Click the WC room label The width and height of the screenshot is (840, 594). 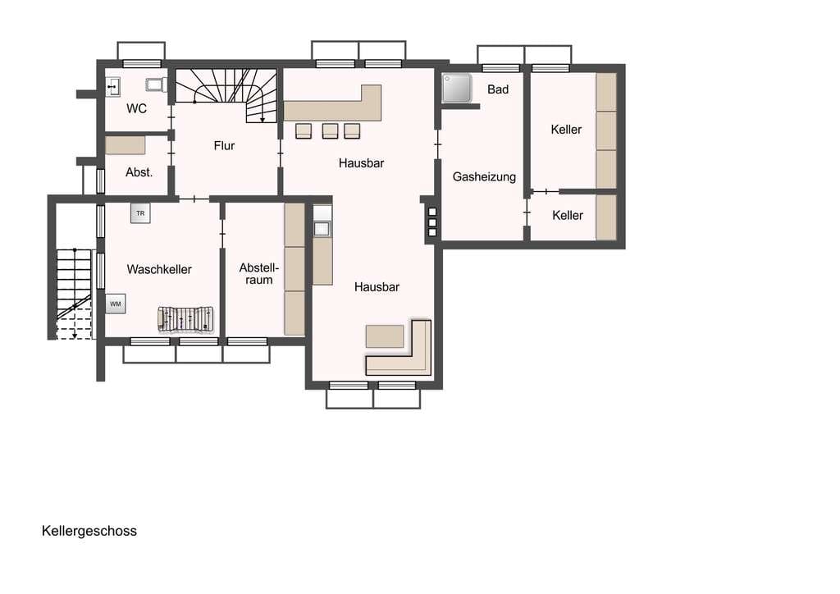pos(137,109)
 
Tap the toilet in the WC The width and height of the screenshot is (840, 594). pos(156,85)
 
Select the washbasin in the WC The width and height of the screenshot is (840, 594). pos(112,87)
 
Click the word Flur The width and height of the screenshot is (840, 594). pos(224,146)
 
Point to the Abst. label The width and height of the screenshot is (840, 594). pos(139,172)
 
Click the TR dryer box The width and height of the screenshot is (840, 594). pos(140,213)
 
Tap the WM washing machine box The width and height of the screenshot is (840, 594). pos(116,304)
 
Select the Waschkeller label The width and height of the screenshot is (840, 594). pos(159,269)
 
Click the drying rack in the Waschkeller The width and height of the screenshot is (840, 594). pos(186,319)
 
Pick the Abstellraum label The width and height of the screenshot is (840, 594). pos(258,274)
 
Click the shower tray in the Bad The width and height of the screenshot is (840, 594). pos(457,88)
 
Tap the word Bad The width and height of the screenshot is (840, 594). pos(498,89)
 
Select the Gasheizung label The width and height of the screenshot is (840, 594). pos(484,176)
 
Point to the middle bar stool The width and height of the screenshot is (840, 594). pos(330,130)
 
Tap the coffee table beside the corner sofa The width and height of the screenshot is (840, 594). pos(385,336)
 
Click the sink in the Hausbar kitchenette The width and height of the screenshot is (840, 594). pos(322,229)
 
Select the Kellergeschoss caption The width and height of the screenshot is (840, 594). pos(89,531)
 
